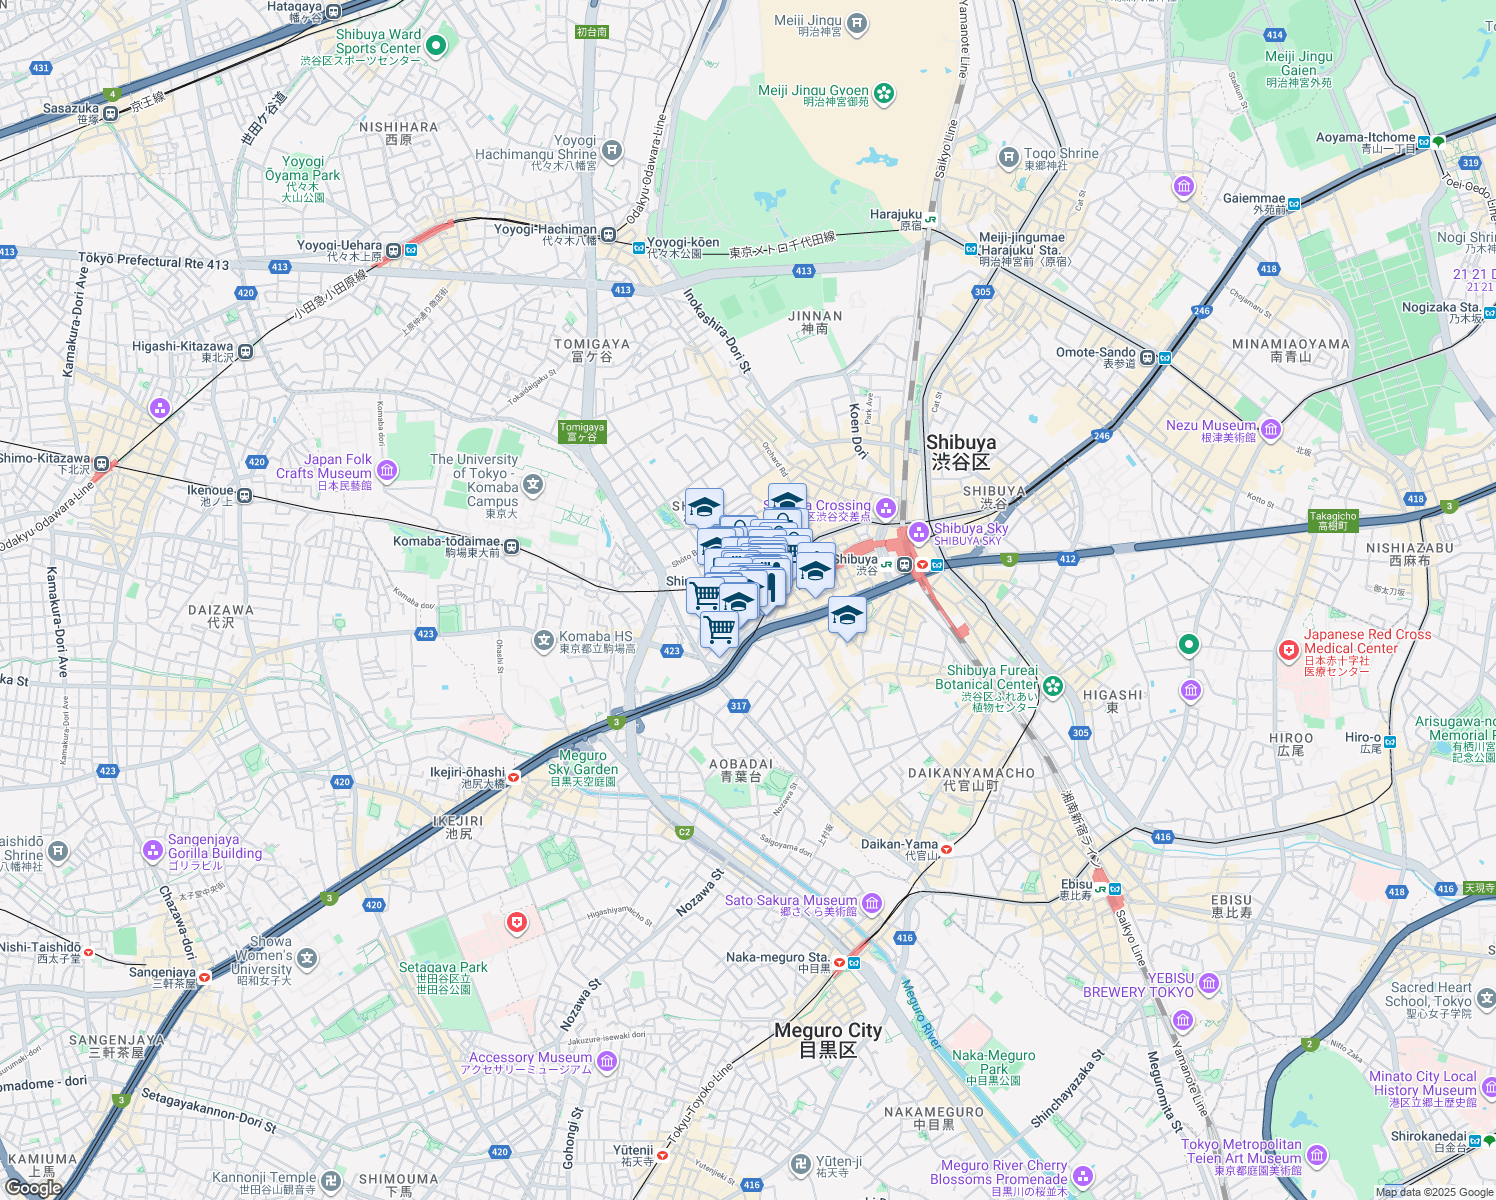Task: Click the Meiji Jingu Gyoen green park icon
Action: pos(883,94)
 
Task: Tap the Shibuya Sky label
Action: pos(970,529)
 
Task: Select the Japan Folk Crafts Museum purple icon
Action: pos(387,470)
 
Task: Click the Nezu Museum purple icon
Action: pos(1270,429)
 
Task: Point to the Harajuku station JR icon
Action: pos(931,219)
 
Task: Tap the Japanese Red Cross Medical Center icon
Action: pos(1289,651)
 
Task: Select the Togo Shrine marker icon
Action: pos(1009,156)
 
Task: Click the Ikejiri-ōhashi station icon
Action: pos(514,776)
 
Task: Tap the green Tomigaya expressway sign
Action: pos(582,431)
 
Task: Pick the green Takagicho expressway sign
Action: pos(1332,521)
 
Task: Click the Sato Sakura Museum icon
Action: pos(872,904)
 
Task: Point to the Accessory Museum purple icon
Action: pos(606,1061)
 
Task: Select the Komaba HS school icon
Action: pos(543,640)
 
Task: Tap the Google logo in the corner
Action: pos(33,1187)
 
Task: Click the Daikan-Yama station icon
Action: pos(946,849)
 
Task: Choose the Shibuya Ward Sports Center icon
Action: pos(435,45)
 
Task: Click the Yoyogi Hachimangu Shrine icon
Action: pos(611,151)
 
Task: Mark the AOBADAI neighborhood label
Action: pos(741,769)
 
